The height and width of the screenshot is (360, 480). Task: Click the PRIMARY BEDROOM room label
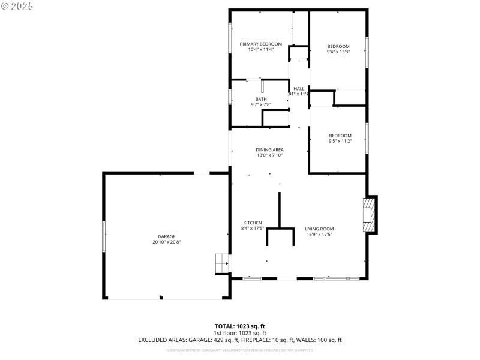260,44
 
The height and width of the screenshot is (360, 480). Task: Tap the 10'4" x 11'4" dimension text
260,49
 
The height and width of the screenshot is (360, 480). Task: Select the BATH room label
260,99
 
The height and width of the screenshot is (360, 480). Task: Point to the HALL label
299,89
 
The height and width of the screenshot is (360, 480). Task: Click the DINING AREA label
269,149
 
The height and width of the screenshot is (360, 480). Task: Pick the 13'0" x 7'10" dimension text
269,155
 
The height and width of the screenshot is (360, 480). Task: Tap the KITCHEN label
252,223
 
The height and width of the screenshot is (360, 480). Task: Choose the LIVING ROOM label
319,229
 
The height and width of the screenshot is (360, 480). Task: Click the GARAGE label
167,236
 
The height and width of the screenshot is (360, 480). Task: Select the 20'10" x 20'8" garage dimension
167,242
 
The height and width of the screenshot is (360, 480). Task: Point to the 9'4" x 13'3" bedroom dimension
338,52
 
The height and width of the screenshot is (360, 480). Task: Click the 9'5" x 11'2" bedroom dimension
340,141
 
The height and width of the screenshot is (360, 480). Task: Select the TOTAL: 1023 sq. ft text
239,326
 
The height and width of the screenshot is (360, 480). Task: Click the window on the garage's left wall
104,236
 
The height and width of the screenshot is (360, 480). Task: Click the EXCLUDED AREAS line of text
239,340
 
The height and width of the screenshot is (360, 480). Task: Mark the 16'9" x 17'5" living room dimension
319,234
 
